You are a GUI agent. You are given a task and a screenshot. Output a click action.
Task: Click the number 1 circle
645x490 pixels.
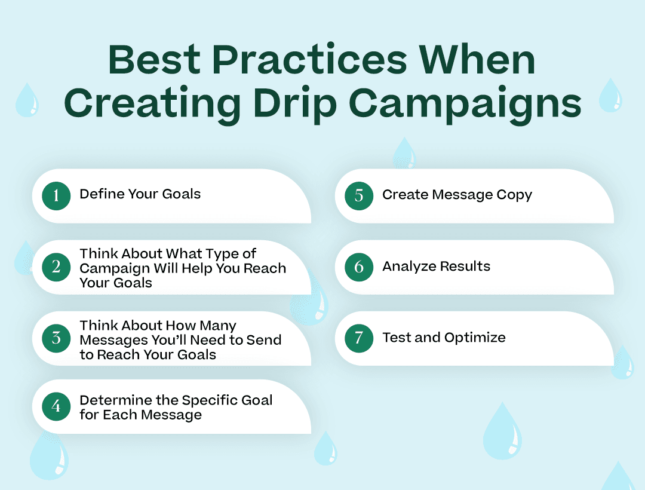pos(56,195)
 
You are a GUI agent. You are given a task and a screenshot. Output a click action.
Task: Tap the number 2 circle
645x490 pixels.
pos(56,267)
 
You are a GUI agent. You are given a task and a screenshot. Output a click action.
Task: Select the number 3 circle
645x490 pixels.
pos(56,338)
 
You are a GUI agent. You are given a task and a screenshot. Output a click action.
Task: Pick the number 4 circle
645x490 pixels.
pos(56,406)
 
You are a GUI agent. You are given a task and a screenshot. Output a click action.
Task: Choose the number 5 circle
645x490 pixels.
pos(359,195)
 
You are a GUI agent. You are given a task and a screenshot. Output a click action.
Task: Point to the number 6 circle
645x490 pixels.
pos(359,267)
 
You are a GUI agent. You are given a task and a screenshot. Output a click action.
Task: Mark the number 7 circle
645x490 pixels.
pos(359,338)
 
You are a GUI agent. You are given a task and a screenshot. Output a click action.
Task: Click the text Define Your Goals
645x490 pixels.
pos(140,194)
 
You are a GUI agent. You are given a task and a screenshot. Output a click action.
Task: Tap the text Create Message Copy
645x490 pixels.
pos(457,195)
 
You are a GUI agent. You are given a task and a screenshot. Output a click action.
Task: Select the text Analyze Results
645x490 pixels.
pos(436,267)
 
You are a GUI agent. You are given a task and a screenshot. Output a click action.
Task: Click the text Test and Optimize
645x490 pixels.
pos(444,338)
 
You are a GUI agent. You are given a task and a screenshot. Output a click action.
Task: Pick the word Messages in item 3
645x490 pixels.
pos(110,340)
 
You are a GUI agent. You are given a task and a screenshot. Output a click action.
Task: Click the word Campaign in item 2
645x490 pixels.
pos(115,268)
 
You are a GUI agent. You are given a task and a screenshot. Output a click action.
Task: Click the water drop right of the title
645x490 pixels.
pos(610,96)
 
